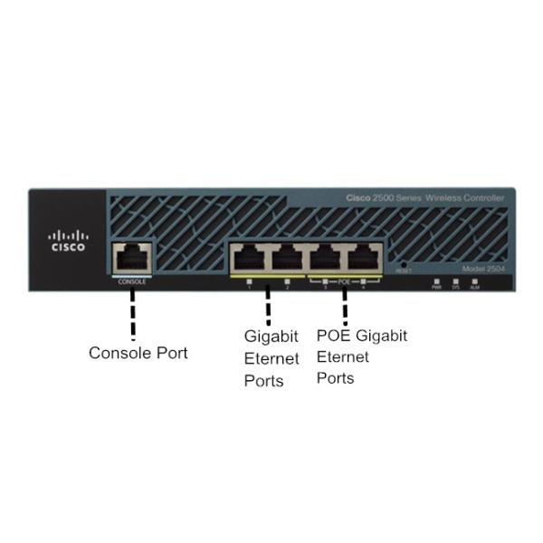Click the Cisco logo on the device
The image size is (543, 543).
(x=68, y=241)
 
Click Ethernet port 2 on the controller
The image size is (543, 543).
(x=287, y=260)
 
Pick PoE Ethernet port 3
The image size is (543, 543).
(x=326, y=260)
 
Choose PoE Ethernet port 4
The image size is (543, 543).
(x=364, y=260)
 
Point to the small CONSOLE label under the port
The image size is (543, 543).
(x=132, y=281)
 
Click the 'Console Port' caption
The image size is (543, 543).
(x=138, y=353)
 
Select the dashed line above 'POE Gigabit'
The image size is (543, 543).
(x=345, y=306)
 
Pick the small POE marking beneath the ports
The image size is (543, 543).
(x=344, y=281)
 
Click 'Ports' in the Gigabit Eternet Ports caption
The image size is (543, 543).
(x=263, y=381)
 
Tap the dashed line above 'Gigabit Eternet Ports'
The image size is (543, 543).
(x=268, y=306)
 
